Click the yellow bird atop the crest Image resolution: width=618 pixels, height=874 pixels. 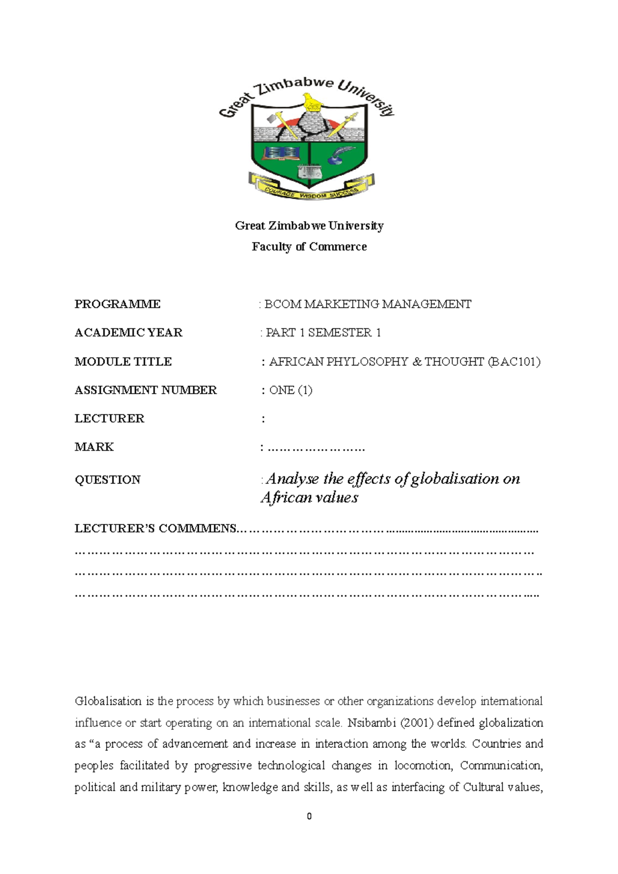click(311, 102)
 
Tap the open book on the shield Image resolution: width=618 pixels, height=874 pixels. click(281, 153)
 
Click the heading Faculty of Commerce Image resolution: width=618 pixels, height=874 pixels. click(309, 247)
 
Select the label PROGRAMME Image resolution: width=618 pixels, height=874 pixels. click(117, 304)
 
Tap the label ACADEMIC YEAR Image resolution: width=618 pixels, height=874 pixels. click(128, 333)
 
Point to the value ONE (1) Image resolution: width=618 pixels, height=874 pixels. click(291, 390)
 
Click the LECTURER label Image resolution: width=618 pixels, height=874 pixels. click(109, 418)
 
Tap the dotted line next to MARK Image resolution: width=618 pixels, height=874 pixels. click(316, 448)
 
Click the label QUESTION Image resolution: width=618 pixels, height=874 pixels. click(108, 480)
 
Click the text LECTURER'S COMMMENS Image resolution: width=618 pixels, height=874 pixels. click(155, 529)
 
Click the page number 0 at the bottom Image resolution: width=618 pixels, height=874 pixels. click(309, 816)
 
